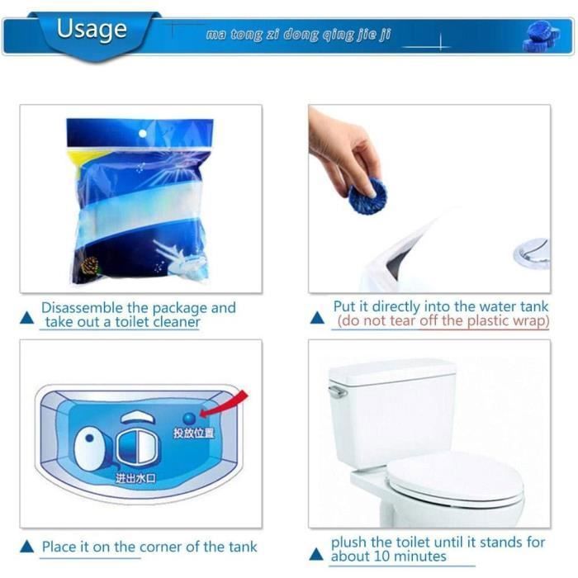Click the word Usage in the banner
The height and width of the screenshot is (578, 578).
tap(92, 29)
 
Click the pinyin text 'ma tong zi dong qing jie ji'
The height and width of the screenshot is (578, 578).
tap(298, 36)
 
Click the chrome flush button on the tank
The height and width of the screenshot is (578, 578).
tap(531, 253)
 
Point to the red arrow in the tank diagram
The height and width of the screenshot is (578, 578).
tap(228, 405)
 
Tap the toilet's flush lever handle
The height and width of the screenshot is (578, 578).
tap(337, 391)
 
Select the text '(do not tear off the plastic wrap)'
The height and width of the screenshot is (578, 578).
tap(443, 321)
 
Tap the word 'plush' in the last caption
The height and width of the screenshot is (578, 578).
tap(350, 542)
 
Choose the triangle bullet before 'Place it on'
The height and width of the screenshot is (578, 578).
tap(27, 547)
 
